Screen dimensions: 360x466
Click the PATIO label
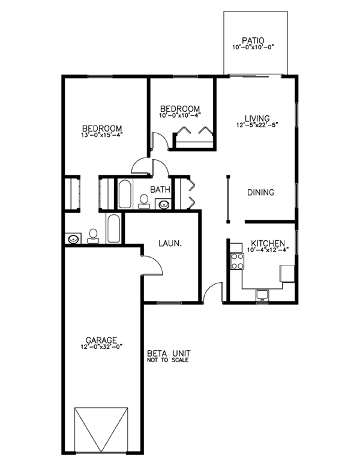pos(253,40)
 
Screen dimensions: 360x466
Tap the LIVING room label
pos(257,118)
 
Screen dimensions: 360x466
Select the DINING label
pos(261,192)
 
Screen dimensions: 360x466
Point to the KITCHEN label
pos(268,243)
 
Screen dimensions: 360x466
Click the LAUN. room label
pos(170,243)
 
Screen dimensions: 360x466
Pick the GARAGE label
pos(101,340)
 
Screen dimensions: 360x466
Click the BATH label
pos(160,189)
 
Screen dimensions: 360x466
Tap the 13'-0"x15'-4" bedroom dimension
pos(102,135)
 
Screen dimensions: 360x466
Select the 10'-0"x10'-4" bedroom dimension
pos(180,115)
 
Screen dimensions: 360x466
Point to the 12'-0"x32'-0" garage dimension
pos(101,346)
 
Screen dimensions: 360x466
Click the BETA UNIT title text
pos(169,354)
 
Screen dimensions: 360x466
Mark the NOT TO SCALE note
pos(168,360)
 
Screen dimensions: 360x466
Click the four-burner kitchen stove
pos(238,261)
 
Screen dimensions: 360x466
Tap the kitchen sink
pos(262,295)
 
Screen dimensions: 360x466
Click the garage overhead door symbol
pos(101,430)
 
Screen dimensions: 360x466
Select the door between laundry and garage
pos(152,265)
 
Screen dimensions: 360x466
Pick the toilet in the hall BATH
pos(144,202)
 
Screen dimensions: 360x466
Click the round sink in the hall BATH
pos(164,204)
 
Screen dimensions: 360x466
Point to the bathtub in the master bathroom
pos(113,229)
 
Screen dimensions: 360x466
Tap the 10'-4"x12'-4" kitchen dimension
pos(268,250)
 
